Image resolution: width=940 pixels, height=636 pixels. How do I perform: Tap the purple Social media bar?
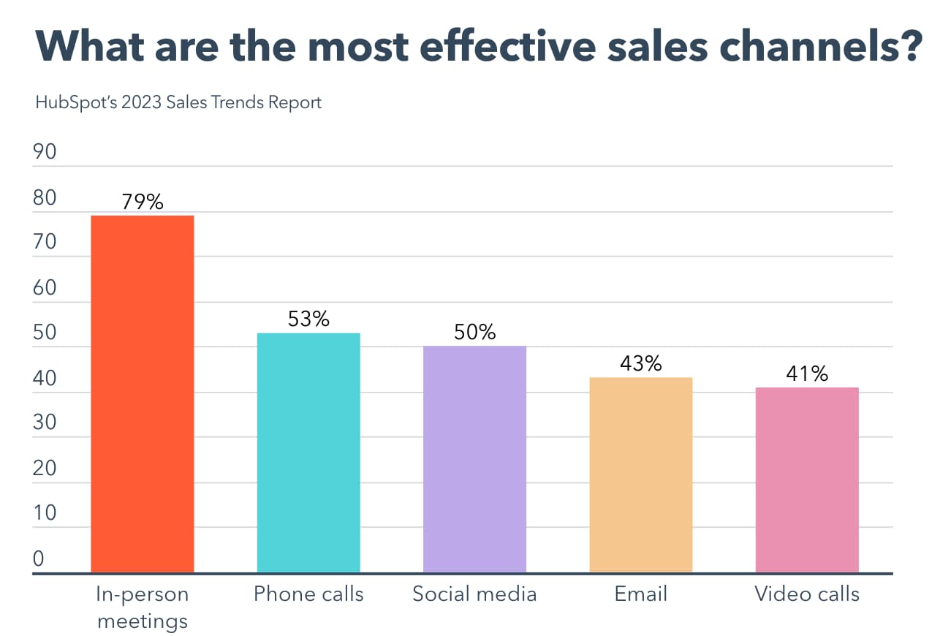tap(474, 458)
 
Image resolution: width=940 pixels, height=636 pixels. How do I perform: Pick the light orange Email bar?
tap(640, 474)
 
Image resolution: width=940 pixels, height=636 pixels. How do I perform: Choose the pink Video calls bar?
tap(806, 480)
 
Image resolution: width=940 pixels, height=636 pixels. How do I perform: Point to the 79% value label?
tap(143, 201)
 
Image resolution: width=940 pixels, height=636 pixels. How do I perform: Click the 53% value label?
tap(308, 319)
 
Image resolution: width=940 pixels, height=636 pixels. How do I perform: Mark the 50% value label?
tap(474, 332)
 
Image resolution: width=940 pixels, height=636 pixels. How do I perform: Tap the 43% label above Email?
tap(640, 363)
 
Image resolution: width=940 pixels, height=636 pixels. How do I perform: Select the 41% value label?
tap(806, 374)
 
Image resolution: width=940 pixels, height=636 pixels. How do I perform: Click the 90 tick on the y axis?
tap(45, 152)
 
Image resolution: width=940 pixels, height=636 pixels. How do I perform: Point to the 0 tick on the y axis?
tap(39, 559)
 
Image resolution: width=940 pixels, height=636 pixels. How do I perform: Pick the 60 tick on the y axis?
tap(45, 287)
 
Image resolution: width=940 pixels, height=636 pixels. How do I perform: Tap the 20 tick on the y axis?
tap(45, 468)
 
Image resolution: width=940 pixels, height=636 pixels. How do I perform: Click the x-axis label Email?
tap(640, 594)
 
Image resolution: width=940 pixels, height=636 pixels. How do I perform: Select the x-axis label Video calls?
tap(807, 594)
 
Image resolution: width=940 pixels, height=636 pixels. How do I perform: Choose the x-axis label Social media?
tap(474, 594)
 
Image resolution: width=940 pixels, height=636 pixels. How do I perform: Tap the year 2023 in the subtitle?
tap(142, 102)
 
